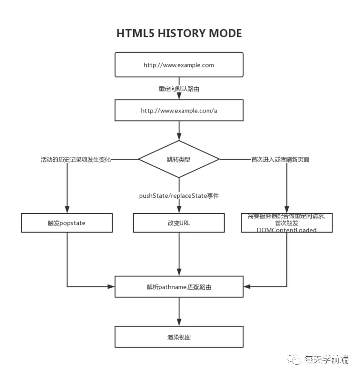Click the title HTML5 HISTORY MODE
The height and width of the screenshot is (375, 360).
[179, 34]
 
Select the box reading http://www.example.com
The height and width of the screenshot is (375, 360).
[179, 65]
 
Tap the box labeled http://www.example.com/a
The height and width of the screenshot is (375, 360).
[179, 111]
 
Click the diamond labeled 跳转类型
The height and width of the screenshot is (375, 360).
[179, 159]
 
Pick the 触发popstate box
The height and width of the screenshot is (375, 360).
[67, 223]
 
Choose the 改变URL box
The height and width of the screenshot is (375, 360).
[179, 223]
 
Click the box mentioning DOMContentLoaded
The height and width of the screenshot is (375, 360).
[286, 223]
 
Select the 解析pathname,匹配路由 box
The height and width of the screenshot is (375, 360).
[179, 286]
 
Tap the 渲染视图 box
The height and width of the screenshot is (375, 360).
[179, 337]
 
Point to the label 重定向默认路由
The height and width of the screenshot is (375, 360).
[179, 89]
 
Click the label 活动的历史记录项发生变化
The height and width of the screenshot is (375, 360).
[75, 159]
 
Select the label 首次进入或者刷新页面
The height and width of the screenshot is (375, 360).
[280, 159]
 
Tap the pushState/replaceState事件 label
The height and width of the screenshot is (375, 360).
[179, 195]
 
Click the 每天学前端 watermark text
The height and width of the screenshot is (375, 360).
[327, 360]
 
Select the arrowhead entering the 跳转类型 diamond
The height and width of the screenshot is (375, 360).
[179, 137]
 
